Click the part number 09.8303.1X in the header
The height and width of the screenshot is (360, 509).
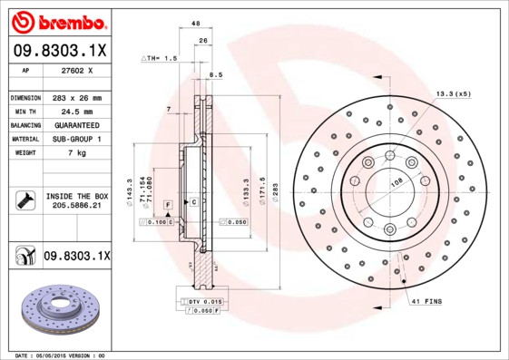59,52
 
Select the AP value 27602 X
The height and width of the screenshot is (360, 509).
78,69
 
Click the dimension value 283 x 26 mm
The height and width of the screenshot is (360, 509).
78,97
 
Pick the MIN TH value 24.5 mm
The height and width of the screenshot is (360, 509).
78,111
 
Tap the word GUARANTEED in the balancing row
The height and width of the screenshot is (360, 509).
78,124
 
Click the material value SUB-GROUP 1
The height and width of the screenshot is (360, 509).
78,139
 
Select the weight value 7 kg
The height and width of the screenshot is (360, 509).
78,152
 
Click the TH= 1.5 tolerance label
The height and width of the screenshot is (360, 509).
161,58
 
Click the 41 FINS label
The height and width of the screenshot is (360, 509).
426,300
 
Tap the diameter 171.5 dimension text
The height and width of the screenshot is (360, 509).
259,191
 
